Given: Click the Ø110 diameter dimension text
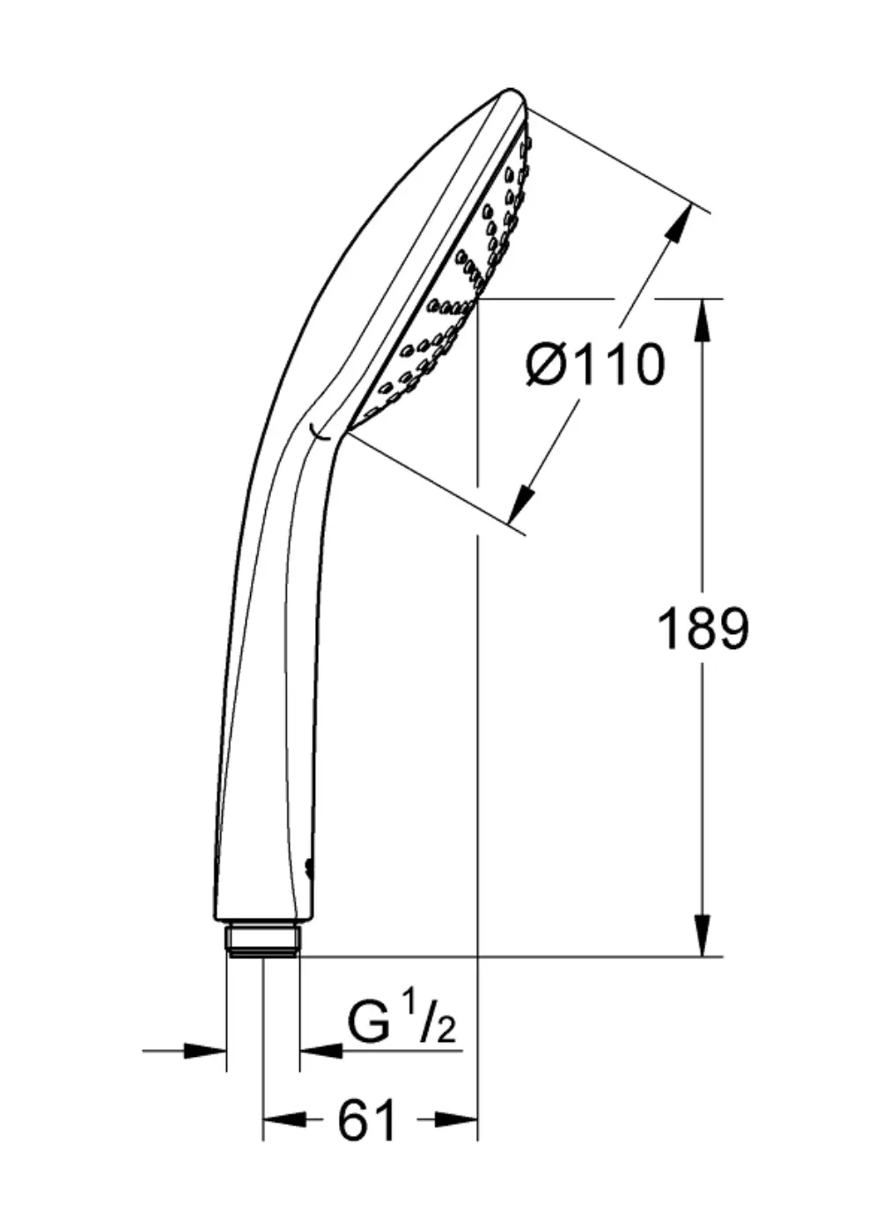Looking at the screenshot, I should (x=595, y=365).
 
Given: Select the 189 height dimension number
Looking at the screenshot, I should (x=703, y=629).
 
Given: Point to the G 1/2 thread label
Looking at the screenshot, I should (x=401, y=1022).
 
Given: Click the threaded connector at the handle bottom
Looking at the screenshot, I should (x=262, y=939).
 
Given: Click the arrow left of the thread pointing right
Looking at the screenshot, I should (x=205, y=1050).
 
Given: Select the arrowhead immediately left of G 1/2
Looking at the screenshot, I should (x=321, y=1050).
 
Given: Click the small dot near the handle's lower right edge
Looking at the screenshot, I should (x=308, y=868).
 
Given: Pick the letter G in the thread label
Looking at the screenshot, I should (x=368, y=1022).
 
